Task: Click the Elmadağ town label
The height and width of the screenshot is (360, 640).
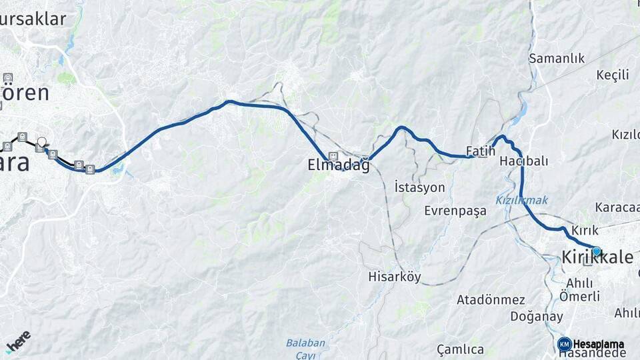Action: tap(338, 165)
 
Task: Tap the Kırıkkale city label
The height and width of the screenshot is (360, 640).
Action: tap(597, 257)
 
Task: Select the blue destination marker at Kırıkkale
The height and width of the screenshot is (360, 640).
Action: tap(596, 251)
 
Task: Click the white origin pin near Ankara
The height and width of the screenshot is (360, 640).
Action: tap(42, 142)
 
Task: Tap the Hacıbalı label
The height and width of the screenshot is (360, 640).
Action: tap(523, 161)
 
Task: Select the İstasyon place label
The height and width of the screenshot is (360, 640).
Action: tap(419, 187)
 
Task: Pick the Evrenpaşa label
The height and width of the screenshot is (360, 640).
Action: tap(455, 211)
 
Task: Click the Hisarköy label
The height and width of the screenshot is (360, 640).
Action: tap(395, 277)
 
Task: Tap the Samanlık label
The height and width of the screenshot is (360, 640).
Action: tap(557, 59)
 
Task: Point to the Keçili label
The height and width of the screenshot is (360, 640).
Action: tap(613, 75)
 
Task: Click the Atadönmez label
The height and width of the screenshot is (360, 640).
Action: tap(491, 300)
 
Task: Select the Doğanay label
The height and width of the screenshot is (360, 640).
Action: tap(537, 317)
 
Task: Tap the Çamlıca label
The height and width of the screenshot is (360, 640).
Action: tap(460, 349)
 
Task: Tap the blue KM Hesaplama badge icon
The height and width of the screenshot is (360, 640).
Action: tap(565, 344)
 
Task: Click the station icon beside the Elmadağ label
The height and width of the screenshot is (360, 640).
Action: tap(333, 155)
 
